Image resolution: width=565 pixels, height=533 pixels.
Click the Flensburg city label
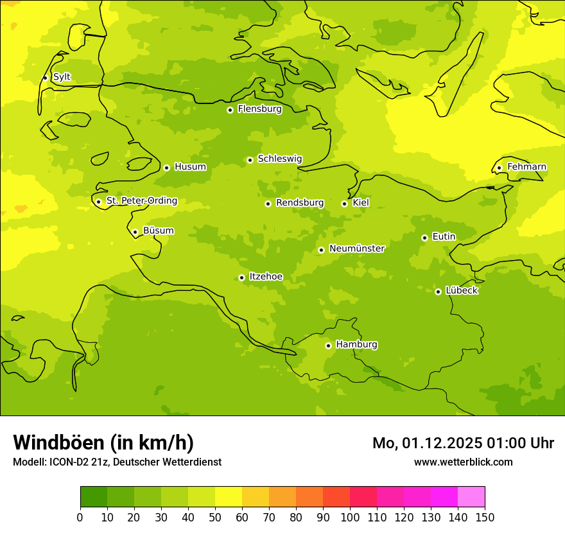coord(259,109)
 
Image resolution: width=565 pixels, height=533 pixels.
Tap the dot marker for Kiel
coord(344,204)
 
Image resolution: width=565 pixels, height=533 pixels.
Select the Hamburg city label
coord(356,345)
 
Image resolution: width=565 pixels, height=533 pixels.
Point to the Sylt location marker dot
coord(45,78)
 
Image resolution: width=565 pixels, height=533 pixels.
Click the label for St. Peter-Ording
coord(141,201)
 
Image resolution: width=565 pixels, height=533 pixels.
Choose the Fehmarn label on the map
coord(526,167)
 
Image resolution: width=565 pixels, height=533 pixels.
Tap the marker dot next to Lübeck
coord(438,292)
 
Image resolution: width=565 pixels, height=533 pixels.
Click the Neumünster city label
coord(356,249)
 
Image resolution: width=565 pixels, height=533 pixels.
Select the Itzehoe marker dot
coord(241,277)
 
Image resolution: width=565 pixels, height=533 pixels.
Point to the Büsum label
coord(158,231)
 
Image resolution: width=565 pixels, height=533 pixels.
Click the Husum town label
coord(190,167)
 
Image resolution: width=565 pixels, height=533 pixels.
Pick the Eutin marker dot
coord(424,238)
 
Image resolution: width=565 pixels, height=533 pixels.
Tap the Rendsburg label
coord(300,203)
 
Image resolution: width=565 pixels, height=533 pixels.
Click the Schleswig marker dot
coord(250,160)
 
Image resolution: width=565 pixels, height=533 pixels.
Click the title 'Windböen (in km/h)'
coord(103,442)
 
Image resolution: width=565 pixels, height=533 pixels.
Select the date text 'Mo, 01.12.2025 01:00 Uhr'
coord(463,443)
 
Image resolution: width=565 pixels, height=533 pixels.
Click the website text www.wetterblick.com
coord(463,462)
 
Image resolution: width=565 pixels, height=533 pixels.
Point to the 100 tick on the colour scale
coord(350,517)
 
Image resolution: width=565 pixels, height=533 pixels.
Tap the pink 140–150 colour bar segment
coord(471,496)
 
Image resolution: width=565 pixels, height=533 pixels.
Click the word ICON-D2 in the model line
coord(67,462)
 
